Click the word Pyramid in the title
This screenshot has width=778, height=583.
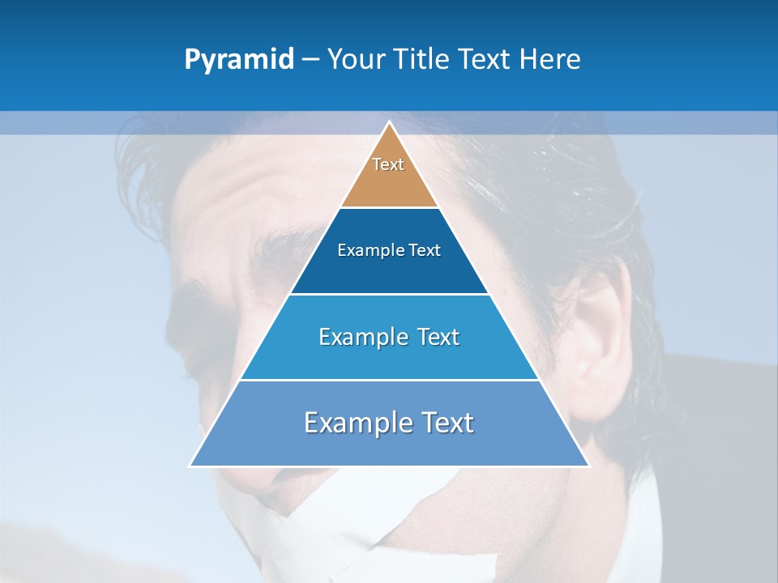tap(238, 60)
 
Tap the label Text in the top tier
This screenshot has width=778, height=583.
tap(388, 164)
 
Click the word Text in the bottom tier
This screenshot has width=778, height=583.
tap(444, 423)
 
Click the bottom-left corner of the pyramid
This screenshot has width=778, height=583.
tap(190, 466)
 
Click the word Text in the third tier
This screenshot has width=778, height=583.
tap(430, 337)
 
